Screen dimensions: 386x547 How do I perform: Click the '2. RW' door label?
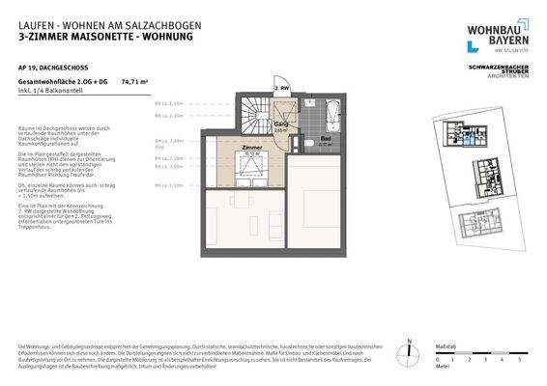[283, 88]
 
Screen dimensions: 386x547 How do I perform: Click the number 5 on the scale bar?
[520, 359]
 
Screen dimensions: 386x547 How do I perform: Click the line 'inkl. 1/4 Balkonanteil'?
[47, 94]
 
